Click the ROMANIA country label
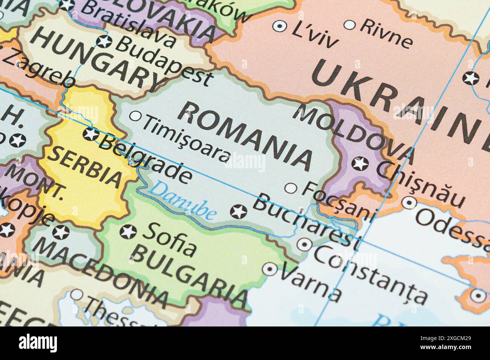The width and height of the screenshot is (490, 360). (x=245, y=136)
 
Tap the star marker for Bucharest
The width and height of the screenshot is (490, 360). (x=239, y=212)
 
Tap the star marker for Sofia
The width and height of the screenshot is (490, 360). (x=128, y=232)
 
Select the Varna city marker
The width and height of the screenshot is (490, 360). (x=270, y=269)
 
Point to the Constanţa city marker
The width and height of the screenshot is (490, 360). (x=304, y=244)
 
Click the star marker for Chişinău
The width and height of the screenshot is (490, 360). (x=360, y=163)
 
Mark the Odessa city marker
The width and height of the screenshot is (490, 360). (x=409, y=203)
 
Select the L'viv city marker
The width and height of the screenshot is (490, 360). (x=280, y=26)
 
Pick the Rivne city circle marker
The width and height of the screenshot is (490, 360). (x=350, y=25)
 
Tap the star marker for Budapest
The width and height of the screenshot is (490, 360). (x=104, y=41)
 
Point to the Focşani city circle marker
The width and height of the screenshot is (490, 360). (x=291, y=188)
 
